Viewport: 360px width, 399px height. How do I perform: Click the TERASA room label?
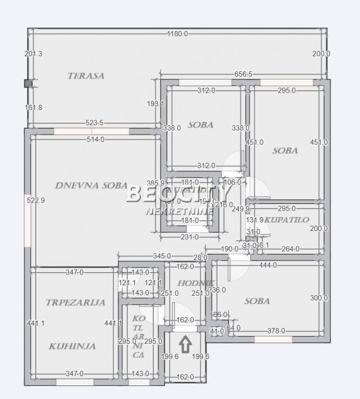pos(86,76)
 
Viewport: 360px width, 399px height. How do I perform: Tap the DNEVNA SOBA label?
pos(91,186)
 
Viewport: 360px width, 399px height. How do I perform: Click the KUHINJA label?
pos(72,346)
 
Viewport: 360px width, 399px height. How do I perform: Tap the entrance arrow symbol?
pos(185,345)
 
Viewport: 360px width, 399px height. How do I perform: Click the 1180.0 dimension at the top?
pos(178,34)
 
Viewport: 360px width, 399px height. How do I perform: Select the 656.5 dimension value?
pos(242,75)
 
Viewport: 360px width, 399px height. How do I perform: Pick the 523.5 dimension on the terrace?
pos(95,123)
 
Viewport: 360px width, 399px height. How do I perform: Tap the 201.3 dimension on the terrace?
pos(33,54)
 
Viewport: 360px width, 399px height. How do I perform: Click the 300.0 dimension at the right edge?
pos(319,298)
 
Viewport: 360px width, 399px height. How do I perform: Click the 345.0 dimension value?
pos(162,256)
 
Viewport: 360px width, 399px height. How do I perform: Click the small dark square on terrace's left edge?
pos(28,83)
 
